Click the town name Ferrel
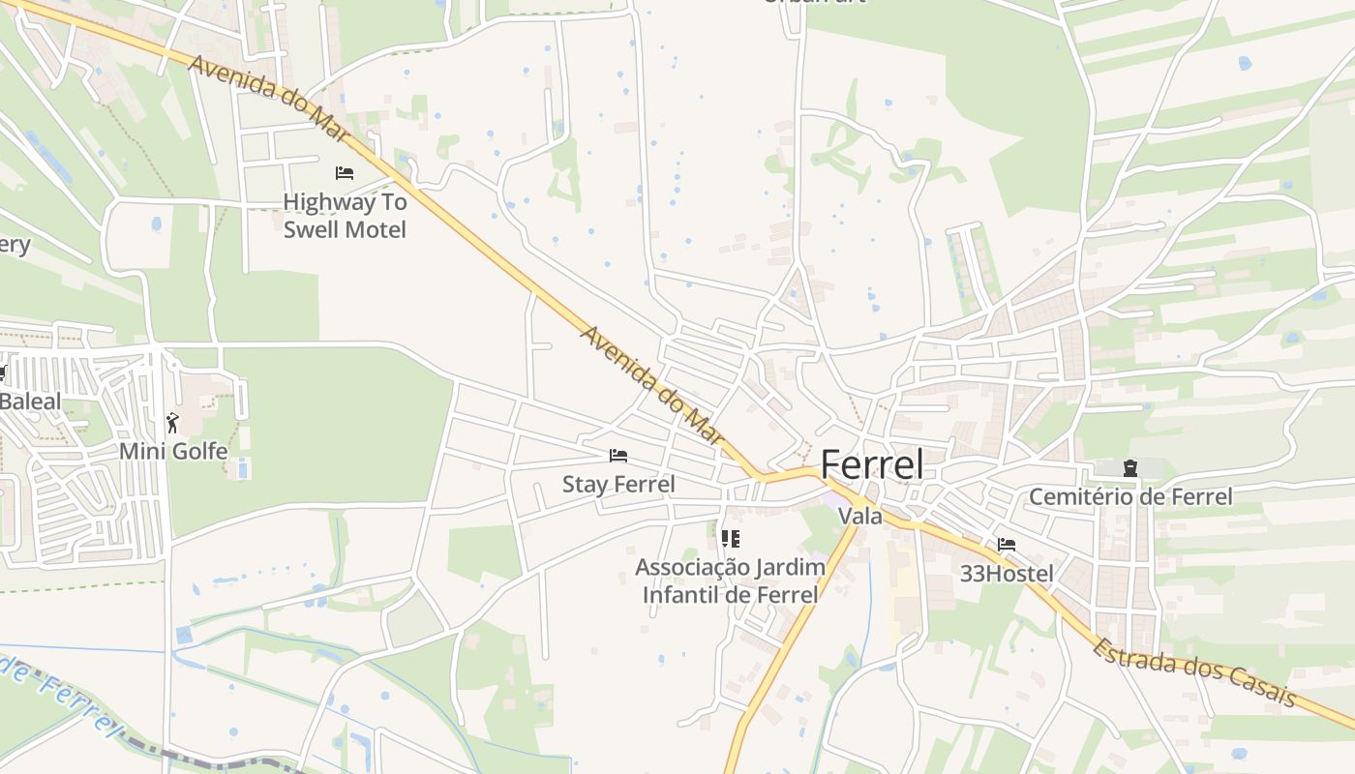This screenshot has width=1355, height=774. (871, 465)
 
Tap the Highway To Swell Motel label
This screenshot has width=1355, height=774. (345, 216)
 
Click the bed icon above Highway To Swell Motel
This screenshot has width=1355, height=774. (345, 173)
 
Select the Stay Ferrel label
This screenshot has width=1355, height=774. (618, 484)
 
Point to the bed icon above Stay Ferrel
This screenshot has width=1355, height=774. (618, 456)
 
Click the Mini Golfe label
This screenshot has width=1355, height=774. (173, 451)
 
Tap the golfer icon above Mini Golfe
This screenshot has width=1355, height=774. (172, 423)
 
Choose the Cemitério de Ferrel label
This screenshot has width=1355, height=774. (1129, 497)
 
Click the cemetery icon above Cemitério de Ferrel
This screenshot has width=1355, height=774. (1129, 469)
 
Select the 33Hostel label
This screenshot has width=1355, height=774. (1007, 574)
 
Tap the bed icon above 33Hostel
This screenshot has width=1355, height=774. (1007, 545)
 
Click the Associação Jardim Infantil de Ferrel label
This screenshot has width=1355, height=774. (731, 580)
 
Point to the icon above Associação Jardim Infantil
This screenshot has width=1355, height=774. (731, 539)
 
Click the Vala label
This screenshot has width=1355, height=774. (860, 517)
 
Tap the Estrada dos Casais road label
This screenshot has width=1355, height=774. (1193, 671)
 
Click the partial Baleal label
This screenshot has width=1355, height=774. (29, 402)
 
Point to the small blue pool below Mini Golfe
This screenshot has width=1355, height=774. (242, 469)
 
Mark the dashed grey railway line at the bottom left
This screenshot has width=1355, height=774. (194, 756)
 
